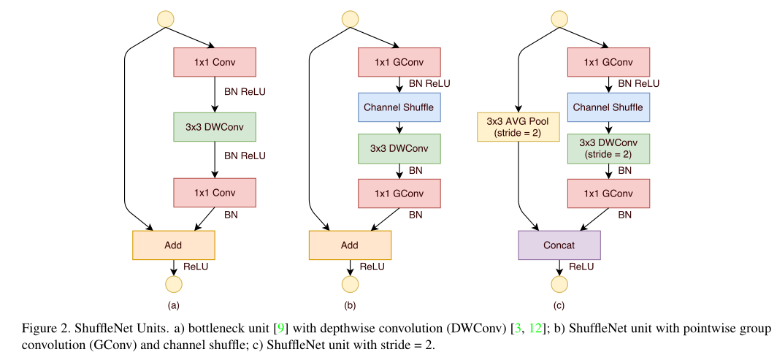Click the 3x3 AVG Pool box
click(x=517, y=126)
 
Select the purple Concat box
click(x=559, y=245)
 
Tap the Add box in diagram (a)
click(x=173, y=245)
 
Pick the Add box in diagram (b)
click(x=350, y=245)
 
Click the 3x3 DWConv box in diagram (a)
click(x=215, y=127)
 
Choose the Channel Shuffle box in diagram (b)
click(x=399, y=107)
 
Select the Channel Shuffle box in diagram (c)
click(x=608, y=107)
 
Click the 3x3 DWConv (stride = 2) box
click(x=608, y=148)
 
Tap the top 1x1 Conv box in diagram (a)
click(x=215, y=62)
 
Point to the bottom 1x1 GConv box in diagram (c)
click(x=608, y=194)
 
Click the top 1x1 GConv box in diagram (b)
click(x=399, y=62)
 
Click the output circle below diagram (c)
click(x=559, y=284)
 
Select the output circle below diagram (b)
click(x=350, y=284)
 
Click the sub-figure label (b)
click(x=350, y=305)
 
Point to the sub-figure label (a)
click(x=173, y=305)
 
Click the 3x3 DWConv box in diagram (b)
click(x=399, y=148)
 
